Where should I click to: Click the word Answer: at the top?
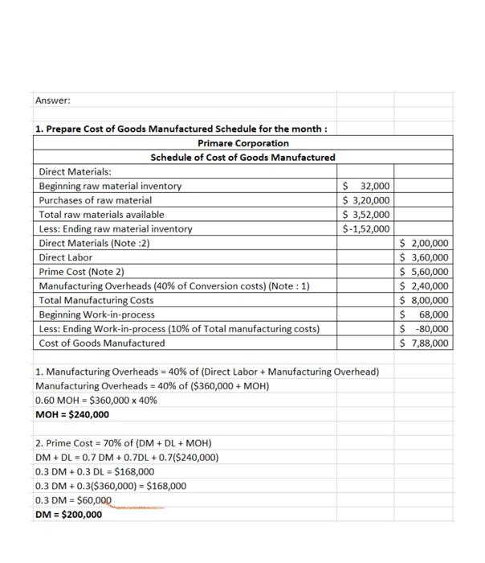pos(53,101)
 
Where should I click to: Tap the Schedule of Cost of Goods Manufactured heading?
pos(243,157)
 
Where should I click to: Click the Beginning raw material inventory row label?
pos(110,186)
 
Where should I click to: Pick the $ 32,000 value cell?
pos(366,186)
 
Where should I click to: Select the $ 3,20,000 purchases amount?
pos(366,200)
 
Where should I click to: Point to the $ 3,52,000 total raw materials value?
pos(366,215)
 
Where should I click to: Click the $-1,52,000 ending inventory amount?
pos(366,229)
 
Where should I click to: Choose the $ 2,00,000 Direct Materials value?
pos(425,243)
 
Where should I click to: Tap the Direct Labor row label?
pos(66,257)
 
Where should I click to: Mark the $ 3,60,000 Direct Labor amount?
pos(425,257)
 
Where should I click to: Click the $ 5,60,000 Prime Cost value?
pos(425,272)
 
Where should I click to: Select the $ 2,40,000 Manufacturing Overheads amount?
pos(425,286)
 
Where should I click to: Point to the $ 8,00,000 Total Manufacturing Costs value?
pos(425,300)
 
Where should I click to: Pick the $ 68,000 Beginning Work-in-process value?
pos(425,314)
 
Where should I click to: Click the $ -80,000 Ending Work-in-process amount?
pos(425,328)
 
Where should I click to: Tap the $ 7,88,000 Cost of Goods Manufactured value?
pos(425,343)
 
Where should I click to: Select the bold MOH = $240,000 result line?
pos(73,415)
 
